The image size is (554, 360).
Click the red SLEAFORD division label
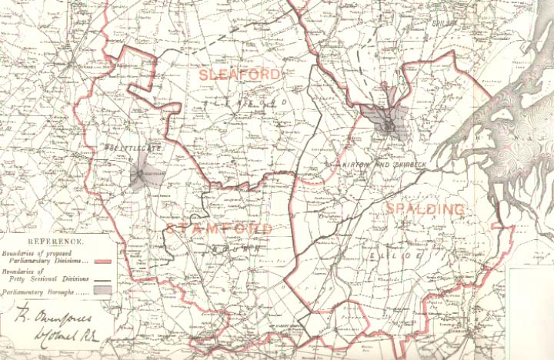coord(239,74)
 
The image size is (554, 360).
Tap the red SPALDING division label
coord(425,209)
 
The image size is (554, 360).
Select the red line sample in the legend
coord(103,261)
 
